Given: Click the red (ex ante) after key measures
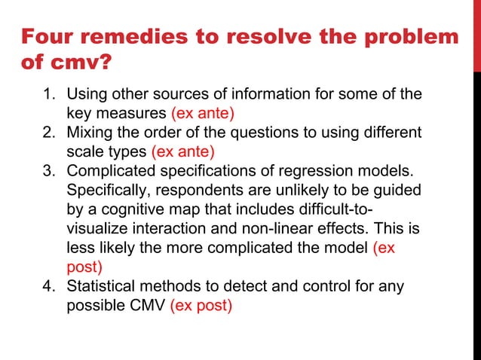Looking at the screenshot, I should tap(203, 114).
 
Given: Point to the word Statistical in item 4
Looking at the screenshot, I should tap(101, 286).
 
